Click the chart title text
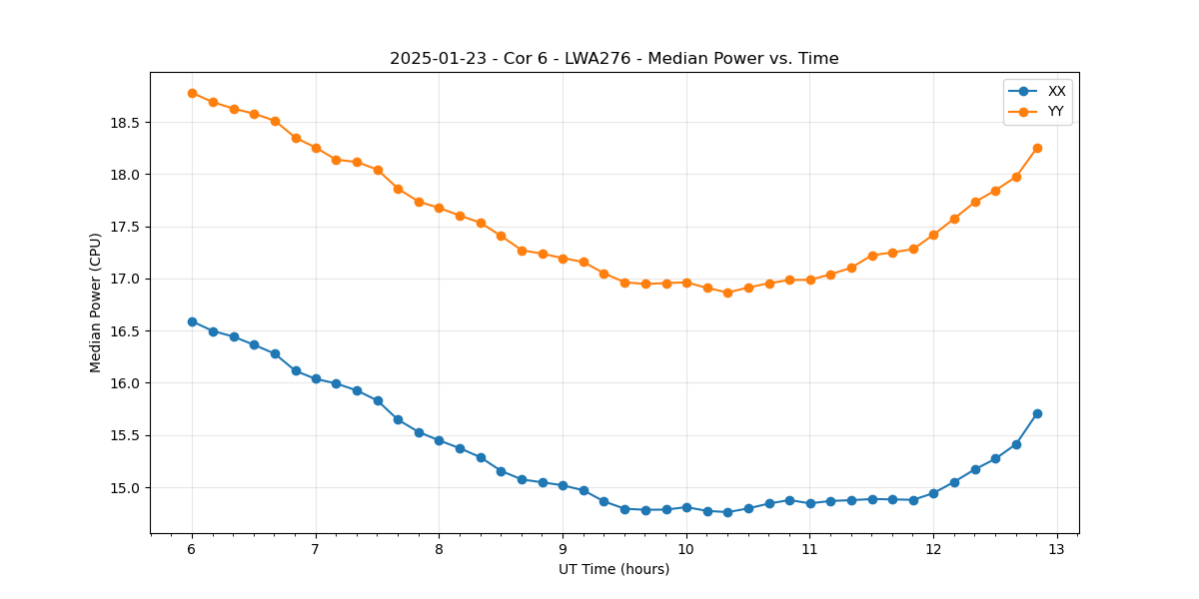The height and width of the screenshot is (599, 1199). [613, 59]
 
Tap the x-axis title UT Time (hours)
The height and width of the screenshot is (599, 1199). [613, 570]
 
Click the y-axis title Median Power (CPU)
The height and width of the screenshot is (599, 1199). [96, 302]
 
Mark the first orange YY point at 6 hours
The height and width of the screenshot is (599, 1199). [192, 93]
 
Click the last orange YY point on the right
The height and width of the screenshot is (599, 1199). [1037, 148]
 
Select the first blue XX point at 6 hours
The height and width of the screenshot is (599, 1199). [192, 321]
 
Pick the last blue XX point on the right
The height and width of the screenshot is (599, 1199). [1037, 413]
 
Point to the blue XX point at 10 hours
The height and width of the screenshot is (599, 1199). [686, 507]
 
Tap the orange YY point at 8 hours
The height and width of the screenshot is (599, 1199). [439, 208]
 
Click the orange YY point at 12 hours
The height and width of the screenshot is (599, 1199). [933, 235]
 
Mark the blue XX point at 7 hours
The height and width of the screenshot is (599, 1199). [316, 378]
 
